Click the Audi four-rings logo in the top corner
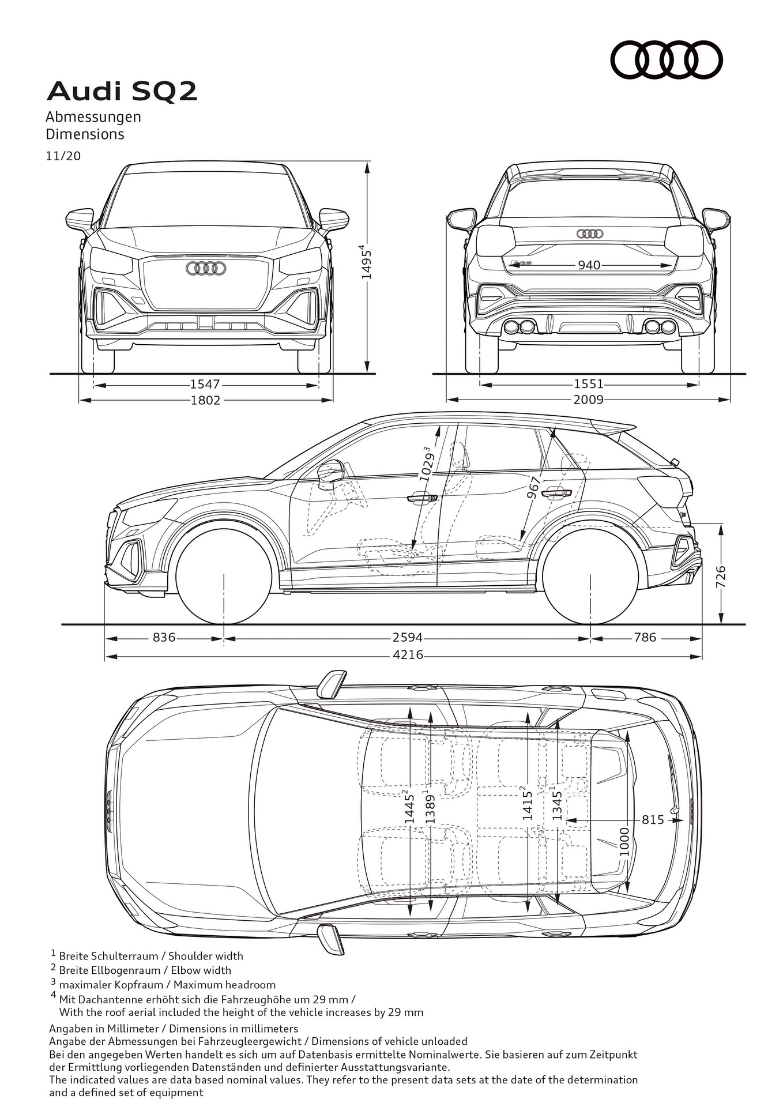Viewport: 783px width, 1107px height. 666,59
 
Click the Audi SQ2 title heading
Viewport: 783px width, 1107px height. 122,92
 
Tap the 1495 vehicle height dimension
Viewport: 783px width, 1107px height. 366,263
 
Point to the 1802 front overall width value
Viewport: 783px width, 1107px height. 205,400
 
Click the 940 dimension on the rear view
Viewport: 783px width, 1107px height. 589,265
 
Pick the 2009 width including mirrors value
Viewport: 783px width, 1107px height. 588,400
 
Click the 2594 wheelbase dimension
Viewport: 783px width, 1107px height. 407,638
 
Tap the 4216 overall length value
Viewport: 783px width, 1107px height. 408,655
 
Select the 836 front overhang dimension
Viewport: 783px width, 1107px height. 164,638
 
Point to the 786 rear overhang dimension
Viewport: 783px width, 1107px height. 645,638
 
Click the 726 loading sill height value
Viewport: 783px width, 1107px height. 721,577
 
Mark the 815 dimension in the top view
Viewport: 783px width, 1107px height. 653,819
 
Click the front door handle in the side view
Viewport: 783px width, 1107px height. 422,498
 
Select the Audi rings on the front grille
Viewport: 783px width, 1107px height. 206,268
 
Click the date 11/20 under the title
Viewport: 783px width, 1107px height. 63,156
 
